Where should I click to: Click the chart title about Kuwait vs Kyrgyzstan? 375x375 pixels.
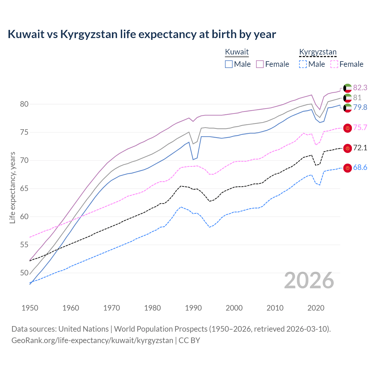point(142,34)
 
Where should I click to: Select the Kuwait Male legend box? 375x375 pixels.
point(229,64)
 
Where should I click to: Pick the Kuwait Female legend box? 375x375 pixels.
point(260,64)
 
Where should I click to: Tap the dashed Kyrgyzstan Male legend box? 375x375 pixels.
point(303,64)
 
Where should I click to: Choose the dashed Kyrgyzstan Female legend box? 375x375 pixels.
point(334,64)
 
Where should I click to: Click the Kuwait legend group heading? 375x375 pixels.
point(237,52)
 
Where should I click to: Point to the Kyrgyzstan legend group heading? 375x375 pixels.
point(318,52)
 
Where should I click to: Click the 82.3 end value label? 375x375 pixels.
point(360,88)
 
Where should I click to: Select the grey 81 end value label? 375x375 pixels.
point(357,98)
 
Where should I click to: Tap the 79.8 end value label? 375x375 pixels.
point(360,107)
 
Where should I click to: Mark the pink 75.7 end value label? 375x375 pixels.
point(360,127)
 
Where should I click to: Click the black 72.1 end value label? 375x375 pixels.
point(360,148)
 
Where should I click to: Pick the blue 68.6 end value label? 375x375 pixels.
point(360,168)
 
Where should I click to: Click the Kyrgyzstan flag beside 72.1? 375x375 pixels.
point(347,148)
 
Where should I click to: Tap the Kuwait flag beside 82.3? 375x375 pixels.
point(347,88)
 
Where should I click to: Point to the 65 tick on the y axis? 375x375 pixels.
point(24,188)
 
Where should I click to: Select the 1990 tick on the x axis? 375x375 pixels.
point(193,308)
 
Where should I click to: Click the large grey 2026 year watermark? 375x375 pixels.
point(309,281)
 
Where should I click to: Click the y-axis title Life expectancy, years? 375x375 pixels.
point(13,187)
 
